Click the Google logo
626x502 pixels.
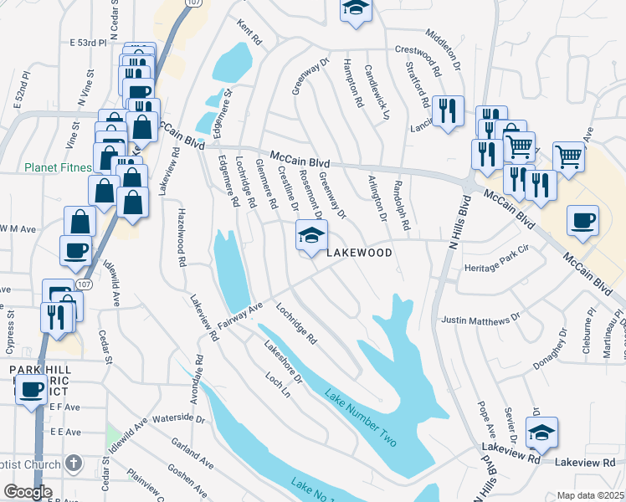(x=28, y=492)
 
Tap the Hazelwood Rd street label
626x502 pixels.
(x=180, y=238)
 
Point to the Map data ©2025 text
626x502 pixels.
(x=590, y=495)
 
